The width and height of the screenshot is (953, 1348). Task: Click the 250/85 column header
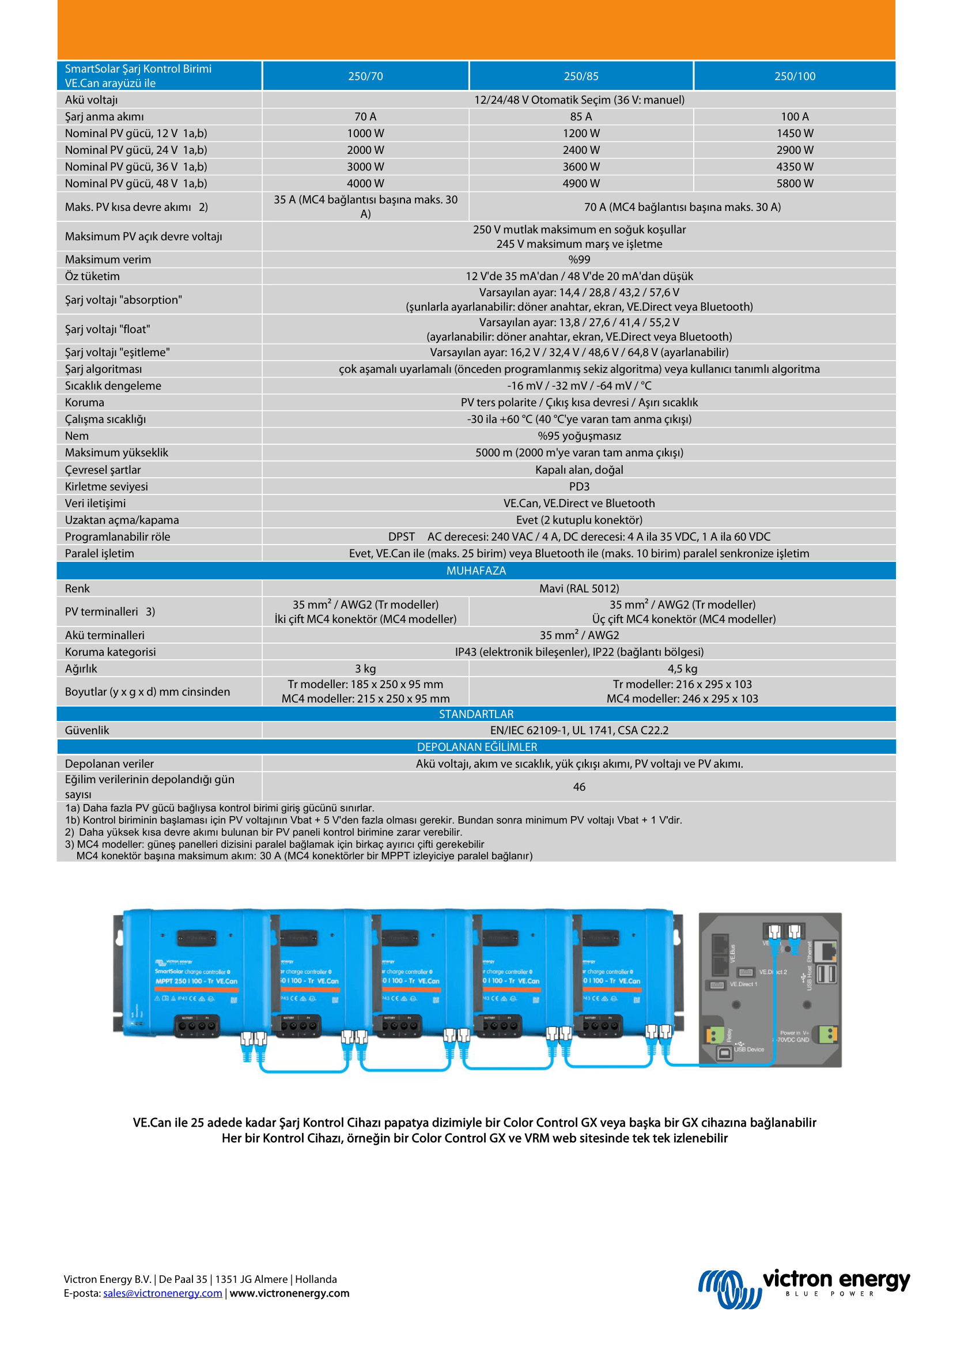click(x=581, y=76)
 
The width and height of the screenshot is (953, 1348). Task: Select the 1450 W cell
click(x=795, y=133)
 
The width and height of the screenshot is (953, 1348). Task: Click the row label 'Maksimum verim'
click(x=108, y=259)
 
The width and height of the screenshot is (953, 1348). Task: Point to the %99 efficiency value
click(x=578, y=259)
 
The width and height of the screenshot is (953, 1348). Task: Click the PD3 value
click(x=578, y=486)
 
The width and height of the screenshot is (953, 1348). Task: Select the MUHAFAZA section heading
click(x=476, y=571)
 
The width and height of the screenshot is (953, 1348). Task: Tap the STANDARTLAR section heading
click(x=476, y=714)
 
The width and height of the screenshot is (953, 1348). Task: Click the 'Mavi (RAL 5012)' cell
click(x=578, y=588)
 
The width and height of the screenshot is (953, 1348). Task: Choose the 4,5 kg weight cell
click(x=682, y=669)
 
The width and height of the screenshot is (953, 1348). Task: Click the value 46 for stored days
click(x=578, y=787)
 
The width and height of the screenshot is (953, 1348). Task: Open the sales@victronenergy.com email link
click(x=162, y=1293)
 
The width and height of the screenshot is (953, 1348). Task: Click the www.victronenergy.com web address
click(x=289, y=1293)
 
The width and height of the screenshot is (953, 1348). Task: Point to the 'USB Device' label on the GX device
click(x=749, y=1049)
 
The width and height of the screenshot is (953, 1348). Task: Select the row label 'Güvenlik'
click(x=87, y=730)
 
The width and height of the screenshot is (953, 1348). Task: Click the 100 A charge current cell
click(x=795, y=117)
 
